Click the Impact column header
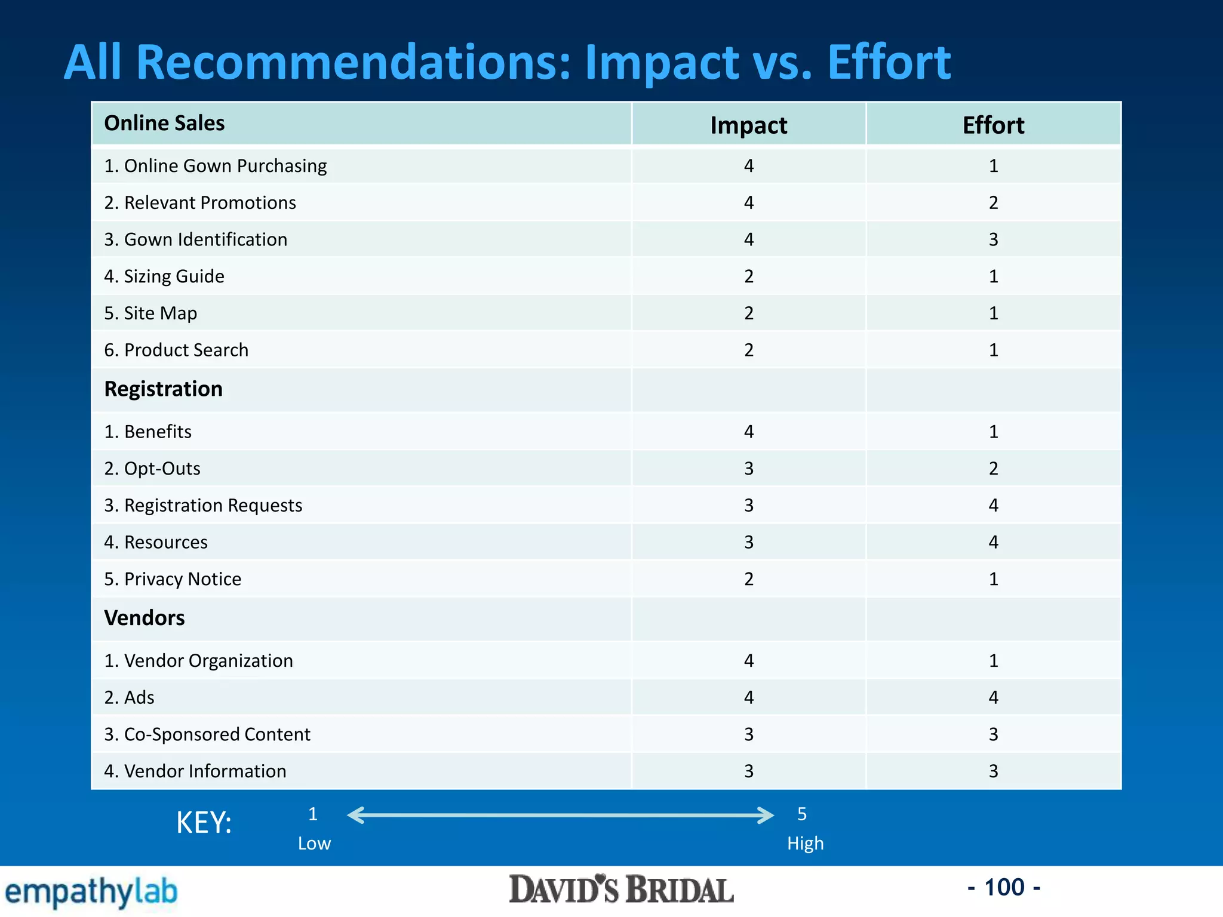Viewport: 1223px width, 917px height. pyautogui.click(x=748, y=125)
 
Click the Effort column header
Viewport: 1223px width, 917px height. pyautogui.click(x=993, y=125)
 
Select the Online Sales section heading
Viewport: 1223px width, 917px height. pyautogui.click(x=164, y=123)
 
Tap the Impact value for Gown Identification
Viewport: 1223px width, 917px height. pyautogui.click(x=749, y=239)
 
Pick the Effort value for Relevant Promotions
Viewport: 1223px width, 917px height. pyautogui.click(x=993, y=203)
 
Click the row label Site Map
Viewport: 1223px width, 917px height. pyautogui.click(x=150, y=313)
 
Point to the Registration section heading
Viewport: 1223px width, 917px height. pyautogui.click(x=163, y=389)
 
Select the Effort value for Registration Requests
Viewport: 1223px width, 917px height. pyautogui.click(x=993, y=506)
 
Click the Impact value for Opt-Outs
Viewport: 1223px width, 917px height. pyautogui.click(x=749, y=469)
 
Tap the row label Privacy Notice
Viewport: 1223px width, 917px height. pyautogui.click(x=173, y=579)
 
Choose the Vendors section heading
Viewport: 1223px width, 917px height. pyautogui.click(x=145, y=618)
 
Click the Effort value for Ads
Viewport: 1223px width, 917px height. pyautogui.click(x=993, y=697)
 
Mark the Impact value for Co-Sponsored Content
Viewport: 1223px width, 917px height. pyautogui.click(x=749, y=734)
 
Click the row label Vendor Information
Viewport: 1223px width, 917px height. pyautogui.click(x=195, y=771)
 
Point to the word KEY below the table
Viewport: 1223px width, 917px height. pyautogui.click(x=204, y=823)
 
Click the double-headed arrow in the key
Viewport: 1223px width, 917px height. pyautogui.click(x=560, y=815)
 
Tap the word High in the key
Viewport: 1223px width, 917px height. pyautogui.click(x=805, y=844)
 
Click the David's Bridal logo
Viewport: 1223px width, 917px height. pyautogui.click(x=621, y=890)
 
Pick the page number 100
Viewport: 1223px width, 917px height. pyautogui.click(x=1004, y=888)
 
